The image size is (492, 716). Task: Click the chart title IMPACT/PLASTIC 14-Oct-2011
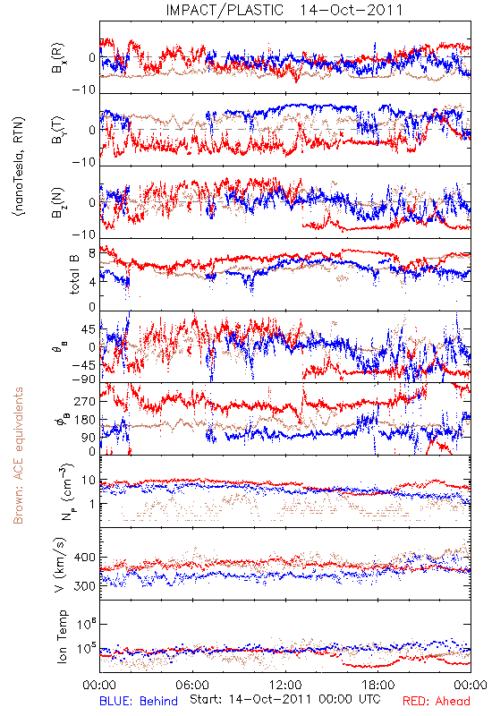pyautogui.click(x=284, y=10)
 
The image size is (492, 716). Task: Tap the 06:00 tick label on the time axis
pyautogui.click(x=192, y=685)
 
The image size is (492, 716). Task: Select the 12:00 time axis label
pyautogui.click(x=285, y=685)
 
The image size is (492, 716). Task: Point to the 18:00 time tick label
pyautogui.click(x=378, y=685)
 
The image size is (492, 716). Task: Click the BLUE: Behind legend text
pyautogui.click(x=139, y=701)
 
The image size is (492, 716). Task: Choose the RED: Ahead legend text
pyautogui.click(x=436, y=701)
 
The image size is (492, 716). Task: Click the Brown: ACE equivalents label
pyautogui.click(x=18, y=456)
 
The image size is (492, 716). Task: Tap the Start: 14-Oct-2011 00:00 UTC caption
pyautogui.click(x=285, y=699)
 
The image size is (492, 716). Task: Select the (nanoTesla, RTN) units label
pyautogui.click(x=19, y=166)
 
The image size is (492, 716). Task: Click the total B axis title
pyautogui.click(x=73, y=274)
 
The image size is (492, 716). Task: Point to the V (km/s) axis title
pyautogui.click(x=60, y=565)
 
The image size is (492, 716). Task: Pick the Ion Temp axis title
pyautogui.click(x=62, y=636)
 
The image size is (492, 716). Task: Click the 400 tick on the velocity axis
pyautogui.click(x=84, y=557)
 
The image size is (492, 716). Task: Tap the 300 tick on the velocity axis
pyautogui.click(x=84, y=586)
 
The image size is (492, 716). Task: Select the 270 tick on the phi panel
pyautogui.click(x=84, y=401)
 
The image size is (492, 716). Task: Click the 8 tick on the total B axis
pyautogui.click(x=92, y=253)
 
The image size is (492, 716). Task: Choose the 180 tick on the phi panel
pyautogui.click(x=84, y=420)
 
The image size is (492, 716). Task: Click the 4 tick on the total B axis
pyautogui.click(x=92, y=282)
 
